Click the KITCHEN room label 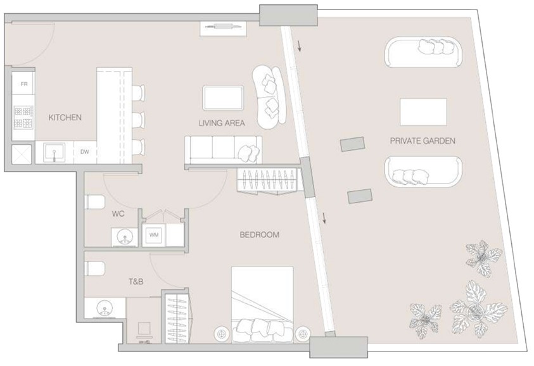(x=65, y=117)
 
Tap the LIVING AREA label (x=222, y=123)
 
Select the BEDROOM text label (x=260, y=234)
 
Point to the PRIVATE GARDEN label (x=423, y=141)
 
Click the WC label (x=118, y=214)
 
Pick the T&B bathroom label (x=136, y=282)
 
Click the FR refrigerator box (x=23, y=84)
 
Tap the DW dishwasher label (x=85, y=152)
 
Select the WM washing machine (x=154, y=234)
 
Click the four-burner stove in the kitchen (x=23, y=117)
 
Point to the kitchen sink (x=54, y=152)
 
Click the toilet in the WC (x=94, y=202)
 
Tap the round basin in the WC (x=124, y=236)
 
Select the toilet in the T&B (x=94, y=268)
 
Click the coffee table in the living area (x=223, y=98)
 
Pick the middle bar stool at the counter (x=138, y=119)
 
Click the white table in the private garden (x=423, y=112)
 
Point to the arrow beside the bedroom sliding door (x=324, y=218)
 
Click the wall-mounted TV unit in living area (x=223, y=28)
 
